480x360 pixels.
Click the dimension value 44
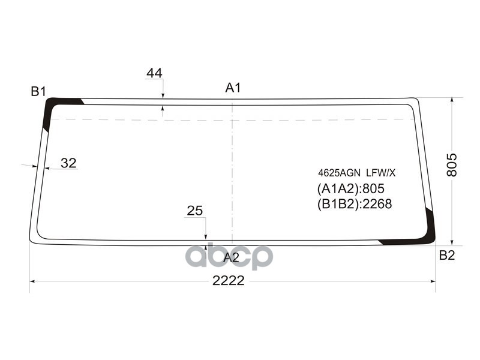[x=154, y=73]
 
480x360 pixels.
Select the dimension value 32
[x=68, y=163]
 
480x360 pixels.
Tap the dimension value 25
[x=194, y=211]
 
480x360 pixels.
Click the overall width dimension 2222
[x=229, y=280]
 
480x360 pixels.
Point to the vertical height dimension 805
[x=452, y=164]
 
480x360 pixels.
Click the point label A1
[x=233, y=88]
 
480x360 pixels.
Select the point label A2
[x=231, y=258]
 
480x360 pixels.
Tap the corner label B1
[x=38, y=91]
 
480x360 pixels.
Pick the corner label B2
[x=447, y=255]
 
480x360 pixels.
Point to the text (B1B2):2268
[x=354, y=204]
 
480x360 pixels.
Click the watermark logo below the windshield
[x=229, y=257]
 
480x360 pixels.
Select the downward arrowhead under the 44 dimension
[x=163, y=94]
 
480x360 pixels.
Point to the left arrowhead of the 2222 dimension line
[x=32, y=281]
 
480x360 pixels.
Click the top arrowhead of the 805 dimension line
[x=452, y=100]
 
